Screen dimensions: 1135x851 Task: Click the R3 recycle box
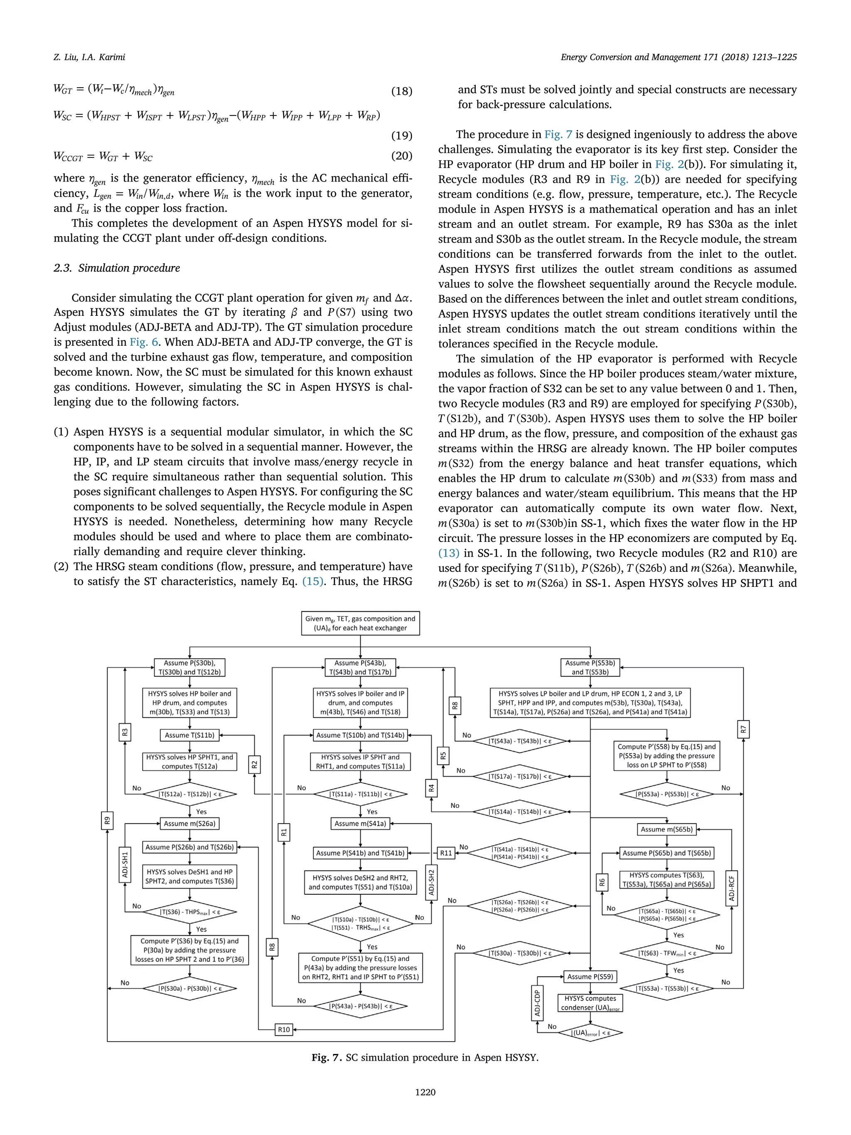coord(125,732)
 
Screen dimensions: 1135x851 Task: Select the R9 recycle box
coord(107,820)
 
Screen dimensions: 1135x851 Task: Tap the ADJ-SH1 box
coord(125,864)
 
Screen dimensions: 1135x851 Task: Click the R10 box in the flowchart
coord(284,1029)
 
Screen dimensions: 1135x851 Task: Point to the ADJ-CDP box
coord(537,1003)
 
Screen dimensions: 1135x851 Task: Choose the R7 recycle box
coord(743,729)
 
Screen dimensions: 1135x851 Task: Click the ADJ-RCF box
coord(731,888)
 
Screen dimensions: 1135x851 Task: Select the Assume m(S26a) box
coord(190,824)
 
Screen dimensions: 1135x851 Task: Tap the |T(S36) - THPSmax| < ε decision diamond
coord(190,912)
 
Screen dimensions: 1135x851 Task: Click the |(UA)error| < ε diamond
coord(590,1033)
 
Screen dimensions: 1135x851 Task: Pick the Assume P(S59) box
coord(590,976)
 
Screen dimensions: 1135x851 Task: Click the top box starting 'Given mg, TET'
coord(360,623)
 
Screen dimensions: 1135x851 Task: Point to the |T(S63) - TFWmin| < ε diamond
coord(667,953)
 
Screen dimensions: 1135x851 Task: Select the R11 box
coord(446,853)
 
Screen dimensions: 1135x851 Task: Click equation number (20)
coord(401,155)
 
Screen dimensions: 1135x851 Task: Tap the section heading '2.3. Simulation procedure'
coord(117,268)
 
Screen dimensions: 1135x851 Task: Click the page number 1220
coord(425,1092)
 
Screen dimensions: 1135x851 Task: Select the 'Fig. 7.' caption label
coord(326,1058)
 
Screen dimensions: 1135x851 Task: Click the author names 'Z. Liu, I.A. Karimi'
coord(89,57)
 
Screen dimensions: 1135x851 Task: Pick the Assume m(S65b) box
coord(667,829)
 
